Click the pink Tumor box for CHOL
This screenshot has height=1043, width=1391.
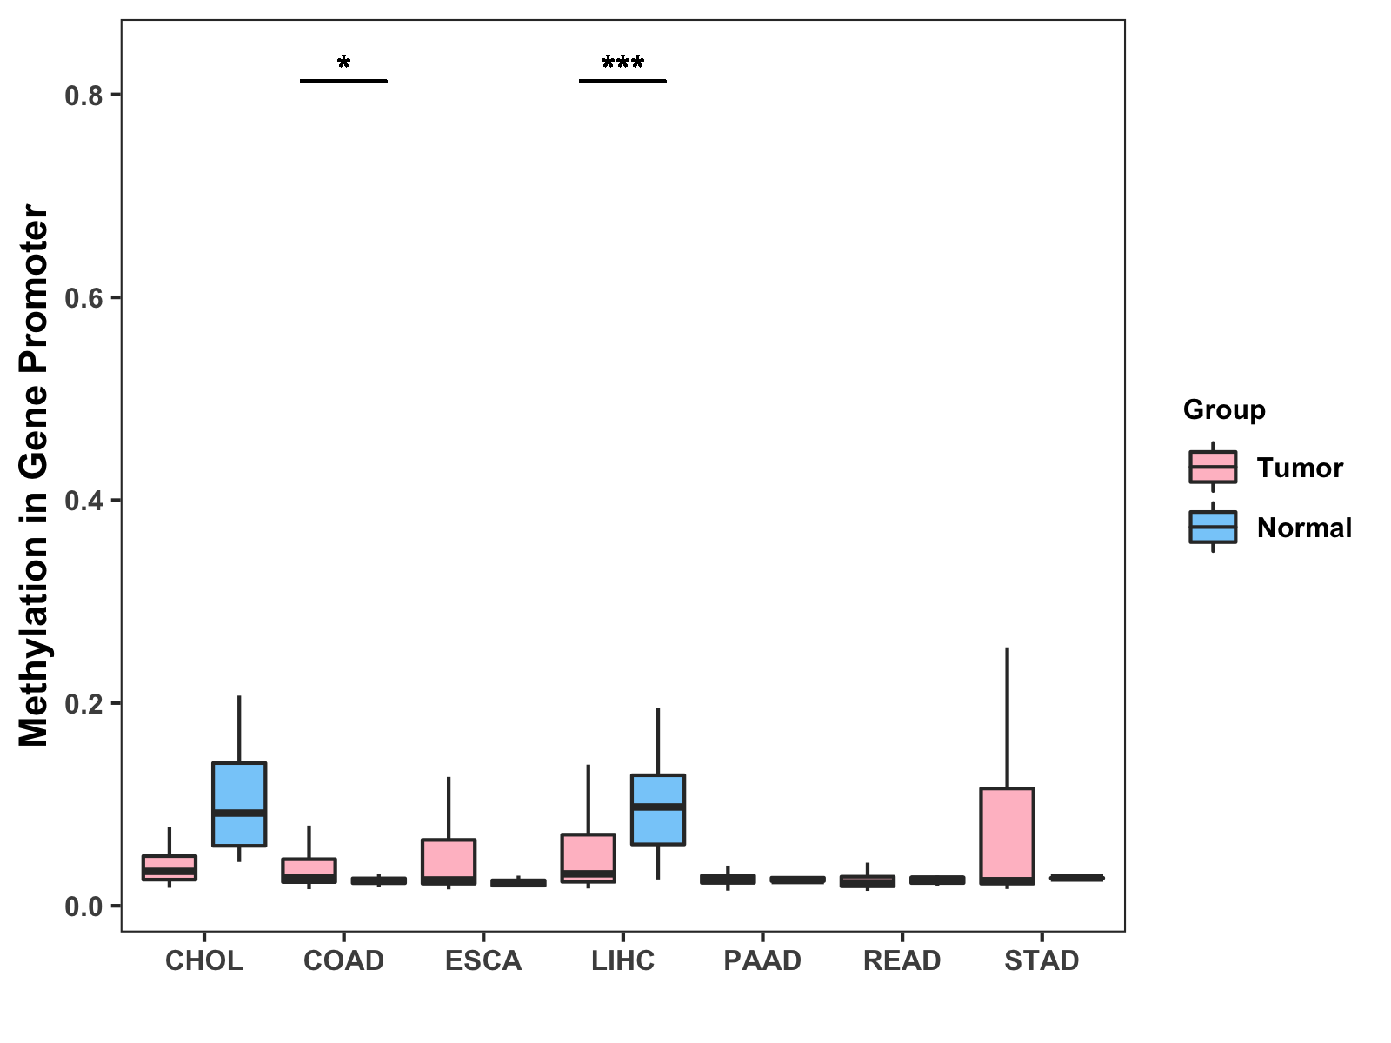(x=170, y=867)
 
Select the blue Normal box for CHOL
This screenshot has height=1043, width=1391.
(x=239, y=804)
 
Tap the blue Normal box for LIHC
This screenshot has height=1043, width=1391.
(x=658, y=809)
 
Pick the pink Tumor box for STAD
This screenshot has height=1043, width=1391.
(x=1007, y=835)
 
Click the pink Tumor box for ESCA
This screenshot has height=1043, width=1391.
(x=449, y=861)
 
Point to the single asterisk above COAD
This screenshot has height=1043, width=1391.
(x=343, y=63)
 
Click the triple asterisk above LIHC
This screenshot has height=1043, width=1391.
(x=622, y=63)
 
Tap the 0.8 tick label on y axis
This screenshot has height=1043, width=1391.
(x=83, y=95)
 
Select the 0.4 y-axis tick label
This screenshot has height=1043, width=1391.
(x=83, y=501)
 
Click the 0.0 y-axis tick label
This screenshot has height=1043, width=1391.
(x=83, y=907)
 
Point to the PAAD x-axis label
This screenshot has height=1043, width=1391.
(x=762, y=960)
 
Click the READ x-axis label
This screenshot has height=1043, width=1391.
(x=902, y=960)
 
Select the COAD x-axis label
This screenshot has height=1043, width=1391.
(x=343, y=960)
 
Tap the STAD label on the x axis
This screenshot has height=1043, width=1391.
(x=1042, y=960)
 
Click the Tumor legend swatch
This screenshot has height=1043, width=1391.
(x=1213, y=468)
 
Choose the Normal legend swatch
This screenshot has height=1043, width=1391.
(x=1213, y=528)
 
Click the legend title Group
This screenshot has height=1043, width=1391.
(x=1224, y=409)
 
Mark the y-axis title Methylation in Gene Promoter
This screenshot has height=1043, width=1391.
(x=35, y=475)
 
